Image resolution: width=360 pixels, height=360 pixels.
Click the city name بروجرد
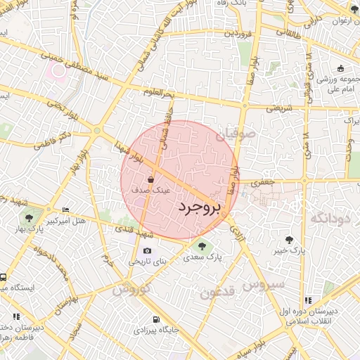pyautogui.click(x=198, y=207)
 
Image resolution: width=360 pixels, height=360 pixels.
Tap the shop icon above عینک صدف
pyautogui.click(x=151, y=180)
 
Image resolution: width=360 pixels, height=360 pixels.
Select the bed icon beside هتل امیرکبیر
pyautogui.click(x=66, y=210)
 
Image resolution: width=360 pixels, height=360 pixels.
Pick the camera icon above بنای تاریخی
pyautogui.click(x=147, y=251)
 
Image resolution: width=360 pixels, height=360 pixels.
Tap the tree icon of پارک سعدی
pyautogui.click(x=202, y=246)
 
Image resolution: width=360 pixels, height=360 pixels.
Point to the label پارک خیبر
pyautogui.click(x=290, y=250)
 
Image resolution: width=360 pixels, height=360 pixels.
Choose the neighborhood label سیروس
pyautogui.click(x=264, y=284)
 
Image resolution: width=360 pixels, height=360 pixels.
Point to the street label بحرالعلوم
pyautogui.click(x=158, y=92)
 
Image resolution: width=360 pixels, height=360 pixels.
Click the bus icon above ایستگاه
pyautogui.click(x=4, y=278)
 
